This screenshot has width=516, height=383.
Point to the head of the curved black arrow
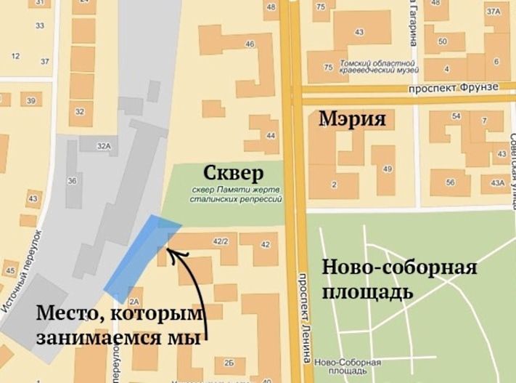(169, 251)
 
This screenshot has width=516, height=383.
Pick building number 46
(250, 44)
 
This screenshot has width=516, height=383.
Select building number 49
(388, 169)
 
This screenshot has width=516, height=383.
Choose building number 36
(72, 180)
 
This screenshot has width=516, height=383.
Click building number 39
(30, 100)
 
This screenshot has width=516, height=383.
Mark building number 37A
(494, 12)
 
